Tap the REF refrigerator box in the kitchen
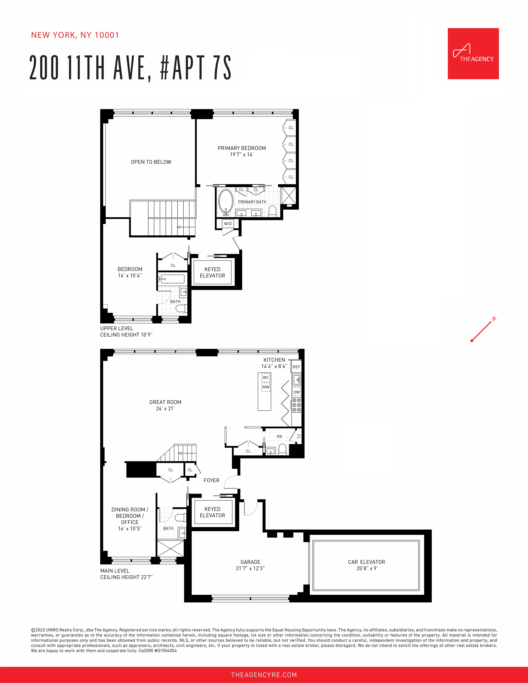[x=296, y=367]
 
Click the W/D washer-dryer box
[x=228, y=224]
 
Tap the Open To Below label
[x=151, y=162]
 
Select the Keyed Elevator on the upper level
[x=212, y=272]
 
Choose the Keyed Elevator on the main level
[x=212, y=512]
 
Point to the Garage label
[x=250, y=562]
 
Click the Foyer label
[x=211, y=480]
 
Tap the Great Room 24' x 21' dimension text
[x=165, y=408]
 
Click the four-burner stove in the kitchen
[x=297, y=405]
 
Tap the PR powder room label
[x=279, y=437]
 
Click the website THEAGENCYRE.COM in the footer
[x=264, y=675]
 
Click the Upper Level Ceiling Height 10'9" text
[x=126, y=335]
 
